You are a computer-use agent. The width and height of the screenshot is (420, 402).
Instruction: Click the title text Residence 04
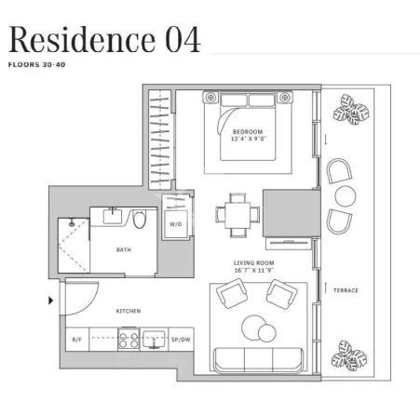[104, 39]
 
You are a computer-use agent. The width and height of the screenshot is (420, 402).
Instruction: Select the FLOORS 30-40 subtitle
[36, 65]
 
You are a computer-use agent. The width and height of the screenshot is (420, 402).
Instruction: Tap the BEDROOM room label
[248, 132]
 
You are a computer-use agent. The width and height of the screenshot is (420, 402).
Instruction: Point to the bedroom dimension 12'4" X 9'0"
[249, 139]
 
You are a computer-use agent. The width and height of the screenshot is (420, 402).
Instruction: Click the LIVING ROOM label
[253, 263]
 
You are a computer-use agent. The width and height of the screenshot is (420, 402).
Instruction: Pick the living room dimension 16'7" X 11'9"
[253, 270]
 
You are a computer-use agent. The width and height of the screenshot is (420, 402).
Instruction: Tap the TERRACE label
[345, 290]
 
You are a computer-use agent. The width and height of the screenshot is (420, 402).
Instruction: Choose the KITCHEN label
[129, 311]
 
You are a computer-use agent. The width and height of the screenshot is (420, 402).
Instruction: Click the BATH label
[124, 249]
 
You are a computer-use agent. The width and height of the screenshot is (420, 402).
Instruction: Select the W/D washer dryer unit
[176, 224]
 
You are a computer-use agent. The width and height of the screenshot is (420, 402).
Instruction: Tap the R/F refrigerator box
[77, 340]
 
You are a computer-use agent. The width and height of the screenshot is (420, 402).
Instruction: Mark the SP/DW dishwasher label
[181, 340]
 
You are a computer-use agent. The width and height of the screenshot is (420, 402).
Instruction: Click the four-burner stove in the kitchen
[129, 339]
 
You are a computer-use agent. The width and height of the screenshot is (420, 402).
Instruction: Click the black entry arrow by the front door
[50, 301]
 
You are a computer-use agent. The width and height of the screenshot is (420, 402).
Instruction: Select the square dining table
[237, 215]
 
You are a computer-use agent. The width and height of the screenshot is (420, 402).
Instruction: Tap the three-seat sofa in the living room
[258, 360]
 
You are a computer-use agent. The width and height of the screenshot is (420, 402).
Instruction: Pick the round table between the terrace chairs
[345, 196]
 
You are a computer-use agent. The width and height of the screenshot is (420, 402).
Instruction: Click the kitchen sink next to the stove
[154, 339]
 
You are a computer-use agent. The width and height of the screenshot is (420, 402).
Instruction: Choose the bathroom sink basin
[112, 216]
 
